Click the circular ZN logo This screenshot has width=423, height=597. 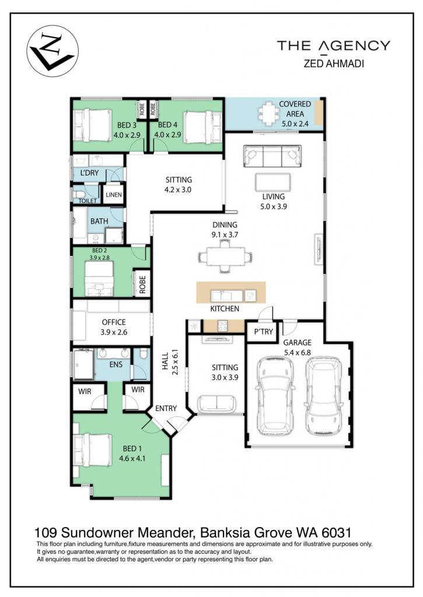click(53, 51)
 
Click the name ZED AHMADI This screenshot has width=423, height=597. click(334, 64)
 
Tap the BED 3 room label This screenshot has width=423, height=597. click(127, 125)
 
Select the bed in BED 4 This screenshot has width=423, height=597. click(202, 127)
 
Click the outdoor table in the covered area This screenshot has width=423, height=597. click(270, 113)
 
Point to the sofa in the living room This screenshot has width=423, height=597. click(272, 156)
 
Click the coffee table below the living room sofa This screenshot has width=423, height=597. click(272, 182)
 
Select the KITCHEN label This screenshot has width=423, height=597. click(225, 308)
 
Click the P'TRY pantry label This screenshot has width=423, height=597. click(264, 332)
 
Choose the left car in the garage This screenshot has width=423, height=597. click(275, 396)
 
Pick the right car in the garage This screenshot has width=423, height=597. click(323, 396)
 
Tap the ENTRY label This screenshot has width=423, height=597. click(166, 408)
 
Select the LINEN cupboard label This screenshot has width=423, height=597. click(114, 195)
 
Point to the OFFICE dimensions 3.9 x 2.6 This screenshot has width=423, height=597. click(114, 332)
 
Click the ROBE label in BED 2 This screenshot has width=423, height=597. click(142, 284)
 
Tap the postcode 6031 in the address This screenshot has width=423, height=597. click(337, 532)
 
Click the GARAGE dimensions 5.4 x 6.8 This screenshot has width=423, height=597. click(297, 353)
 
